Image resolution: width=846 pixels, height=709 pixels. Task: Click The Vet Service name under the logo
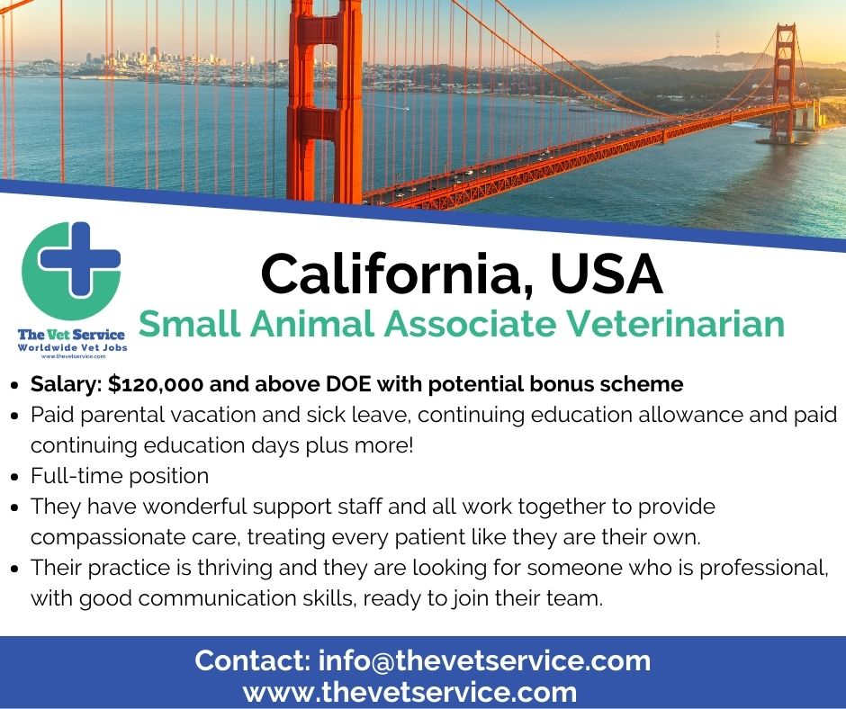click(71, 336)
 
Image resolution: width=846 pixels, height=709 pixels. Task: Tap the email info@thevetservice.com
click(484, 660)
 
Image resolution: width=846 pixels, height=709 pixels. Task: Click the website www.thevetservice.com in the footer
click(409, 692)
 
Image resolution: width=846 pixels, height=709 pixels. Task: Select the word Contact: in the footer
click(252, 660)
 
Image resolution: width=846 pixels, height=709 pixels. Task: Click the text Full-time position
click(120, 475)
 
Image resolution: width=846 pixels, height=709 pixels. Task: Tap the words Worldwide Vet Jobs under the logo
click(71, 347)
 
